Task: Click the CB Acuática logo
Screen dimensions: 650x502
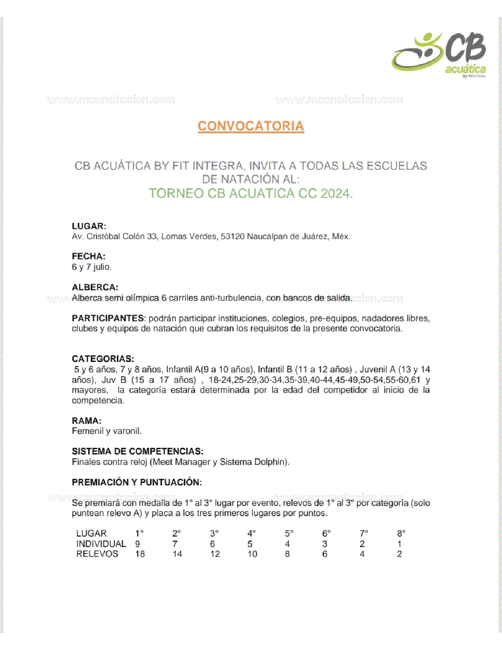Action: coord(439,54)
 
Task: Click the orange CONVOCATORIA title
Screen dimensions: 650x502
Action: coord(251,126)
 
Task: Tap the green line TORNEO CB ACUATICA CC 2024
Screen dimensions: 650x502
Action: coord(251,193)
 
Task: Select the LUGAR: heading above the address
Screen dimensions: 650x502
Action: coord(89,226)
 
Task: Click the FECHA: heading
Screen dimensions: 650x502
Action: coord(89,256)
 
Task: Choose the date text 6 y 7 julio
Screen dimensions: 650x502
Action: coord(92,267)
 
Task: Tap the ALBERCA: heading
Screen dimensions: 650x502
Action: coord(95,287)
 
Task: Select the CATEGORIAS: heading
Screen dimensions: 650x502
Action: coord(103,359)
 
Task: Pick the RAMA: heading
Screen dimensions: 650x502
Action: coord(87,421)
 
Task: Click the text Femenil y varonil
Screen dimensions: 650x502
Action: coord(107,431)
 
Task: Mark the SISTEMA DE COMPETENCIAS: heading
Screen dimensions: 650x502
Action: coord(137,451)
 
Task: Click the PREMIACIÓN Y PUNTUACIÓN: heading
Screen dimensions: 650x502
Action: coord(137,483)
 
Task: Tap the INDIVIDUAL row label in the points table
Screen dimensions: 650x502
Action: coord(101,544)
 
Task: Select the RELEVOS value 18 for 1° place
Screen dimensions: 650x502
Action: coord(140,554)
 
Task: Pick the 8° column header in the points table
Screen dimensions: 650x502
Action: coord(401,534)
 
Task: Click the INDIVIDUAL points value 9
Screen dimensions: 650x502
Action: coord(137,544)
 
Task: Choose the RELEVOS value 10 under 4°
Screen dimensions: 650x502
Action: coord(252,554)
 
